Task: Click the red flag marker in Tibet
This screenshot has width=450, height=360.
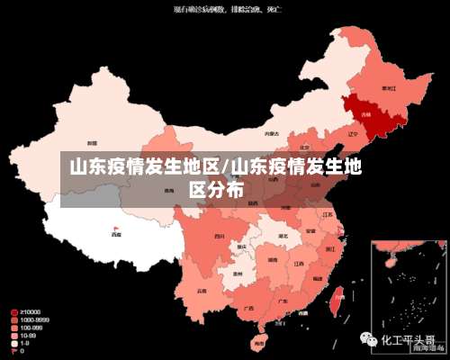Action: click(x=115, y=229)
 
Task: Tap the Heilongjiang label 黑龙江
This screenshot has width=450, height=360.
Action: click(x=389, y=88)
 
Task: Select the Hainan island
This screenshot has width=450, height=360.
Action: click(x=259, y=343)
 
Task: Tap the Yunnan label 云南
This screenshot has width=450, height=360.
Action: click(x=203, y=290)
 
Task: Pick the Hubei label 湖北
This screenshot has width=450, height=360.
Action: click(x=283, y=237)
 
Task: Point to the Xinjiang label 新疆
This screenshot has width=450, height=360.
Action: click(x=92, y=143)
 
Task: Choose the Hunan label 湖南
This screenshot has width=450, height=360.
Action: click(x=273, y=260)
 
